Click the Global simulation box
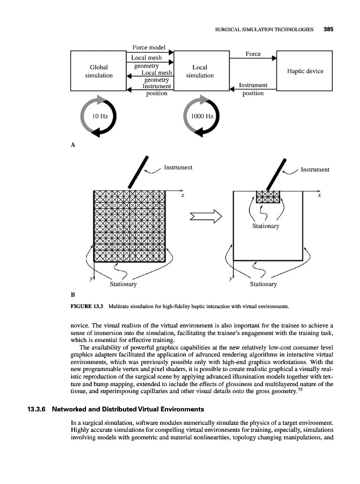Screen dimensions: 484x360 tap(99, 72)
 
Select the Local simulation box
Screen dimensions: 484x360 tap(200, 72)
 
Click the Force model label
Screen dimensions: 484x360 tap(149, 48)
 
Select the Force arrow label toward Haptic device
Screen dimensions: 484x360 tap(253, 54)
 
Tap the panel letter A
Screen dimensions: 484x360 tap(73, 145)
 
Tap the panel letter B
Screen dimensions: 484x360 tap(73, 294)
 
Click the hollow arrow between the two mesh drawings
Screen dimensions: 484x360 tap(207, 217)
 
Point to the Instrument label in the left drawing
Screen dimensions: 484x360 tap(178, 168)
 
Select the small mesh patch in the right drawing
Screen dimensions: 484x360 tap(269, 197)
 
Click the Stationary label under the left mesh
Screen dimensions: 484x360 tap(123, 284)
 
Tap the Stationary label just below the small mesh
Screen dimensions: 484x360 tap(267, 226)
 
